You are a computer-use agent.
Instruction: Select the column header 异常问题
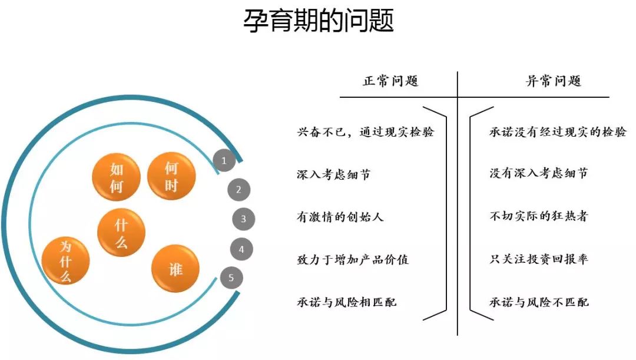pyautogui.click(x=553, y=81)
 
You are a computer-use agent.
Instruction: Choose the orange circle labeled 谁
pyautogui.click(x=175, y=269)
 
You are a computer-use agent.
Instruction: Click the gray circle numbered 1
pyautogui.click(x=224, y=160)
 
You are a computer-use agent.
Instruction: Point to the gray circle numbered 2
pyautogui.click(x=238, y=190)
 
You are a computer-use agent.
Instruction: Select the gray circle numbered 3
pyautogui.click(x=243, y=220)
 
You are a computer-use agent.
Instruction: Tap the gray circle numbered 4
pyautogui.click(x=241, y=249)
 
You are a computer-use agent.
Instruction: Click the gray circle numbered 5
pyautogui.click(x=231, y=278)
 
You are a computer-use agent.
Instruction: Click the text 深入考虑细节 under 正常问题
pyautogui.click(x=334, y=174)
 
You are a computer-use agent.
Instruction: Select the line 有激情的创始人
pyautogui.click(x=340, y=217)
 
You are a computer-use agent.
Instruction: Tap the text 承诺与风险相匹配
pyautogui.click(x=347, y=302)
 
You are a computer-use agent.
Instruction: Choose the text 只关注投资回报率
pyautogui.click(x=539, y=259)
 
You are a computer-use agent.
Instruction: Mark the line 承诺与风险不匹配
pyautogui.click(x=539, y=302)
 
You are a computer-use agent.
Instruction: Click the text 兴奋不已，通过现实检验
pyautogui.click(x=365, y=132)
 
